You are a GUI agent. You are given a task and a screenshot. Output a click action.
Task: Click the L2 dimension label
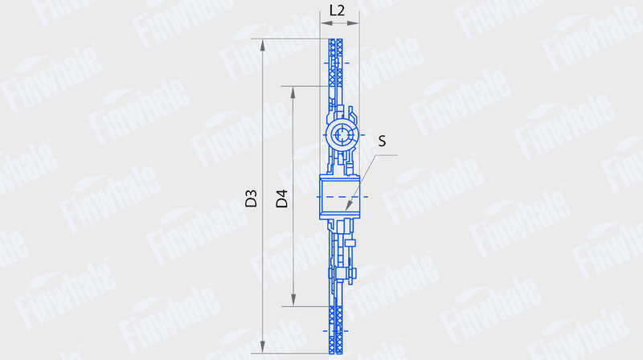[x=337, y=10]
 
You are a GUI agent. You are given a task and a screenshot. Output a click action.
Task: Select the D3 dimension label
[x=251, y=198]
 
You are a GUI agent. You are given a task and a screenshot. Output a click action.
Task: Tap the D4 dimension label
[x=282, y=198]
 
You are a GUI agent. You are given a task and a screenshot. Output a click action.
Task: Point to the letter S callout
[x=382, y=141]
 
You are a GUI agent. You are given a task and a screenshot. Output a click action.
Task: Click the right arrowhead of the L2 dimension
[x=353, y=23]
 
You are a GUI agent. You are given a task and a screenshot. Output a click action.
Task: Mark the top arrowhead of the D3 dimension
[x=263, y=46]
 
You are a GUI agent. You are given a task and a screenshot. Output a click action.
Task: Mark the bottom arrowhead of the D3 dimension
[x=263, y=346]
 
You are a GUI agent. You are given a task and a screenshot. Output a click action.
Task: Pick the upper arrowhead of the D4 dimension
[x=293, y=93]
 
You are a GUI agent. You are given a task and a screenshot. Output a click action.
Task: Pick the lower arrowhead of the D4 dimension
[x=293, y=300]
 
